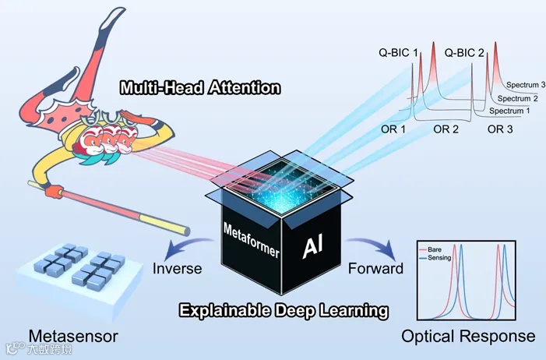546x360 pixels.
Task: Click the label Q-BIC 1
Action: click(396, 52)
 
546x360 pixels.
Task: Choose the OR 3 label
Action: click(499, 129)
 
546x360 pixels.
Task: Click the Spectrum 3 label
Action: click(526, 83)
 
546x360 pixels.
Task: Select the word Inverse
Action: click(178, 269)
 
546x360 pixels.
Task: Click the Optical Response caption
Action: click(468, 336)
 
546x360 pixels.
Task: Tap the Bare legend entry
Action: click(436, 249)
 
